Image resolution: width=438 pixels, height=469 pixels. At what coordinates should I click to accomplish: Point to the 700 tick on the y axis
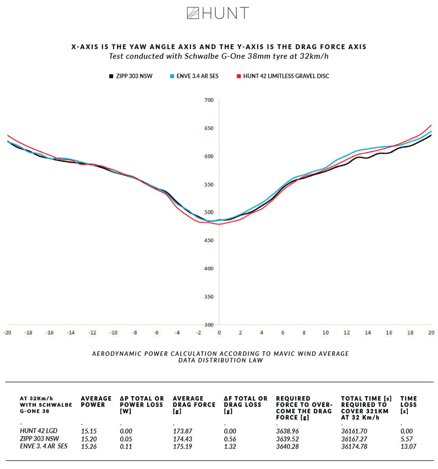pos(208,100)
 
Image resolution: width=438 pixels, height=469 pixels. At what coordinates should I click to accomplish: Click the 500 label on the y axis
pos(208,213)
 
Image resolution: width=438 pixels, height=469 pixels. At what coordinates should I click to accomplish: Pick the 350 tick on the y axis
pos(208,297)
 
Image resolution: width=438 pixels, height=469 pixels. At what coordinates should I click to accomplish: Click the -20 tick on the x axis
pos(7,333)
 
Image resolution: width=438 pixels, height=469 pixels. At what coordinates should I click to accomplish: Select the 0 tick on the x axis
pos(219,333)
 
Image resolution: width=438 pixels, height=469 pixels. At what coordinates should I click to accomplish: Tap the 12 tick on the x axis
pos(347,333)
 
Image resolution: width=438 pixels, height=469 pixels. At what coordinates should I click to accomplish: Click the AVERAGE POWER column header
pos(96,402)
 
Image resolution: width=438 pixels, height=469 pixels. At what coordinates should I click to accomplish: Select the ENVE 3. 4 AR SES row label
pos(43,447)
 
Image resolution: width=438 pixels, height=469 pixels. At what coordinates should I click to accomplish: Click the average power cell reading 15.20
pos(88,439)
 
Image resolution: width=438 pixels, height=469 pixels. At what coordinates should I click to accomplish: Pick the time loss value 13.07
pos(408,447)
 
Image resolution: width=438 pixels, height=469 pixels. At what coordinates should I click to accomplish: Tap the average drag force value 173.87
pos(182,431)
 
